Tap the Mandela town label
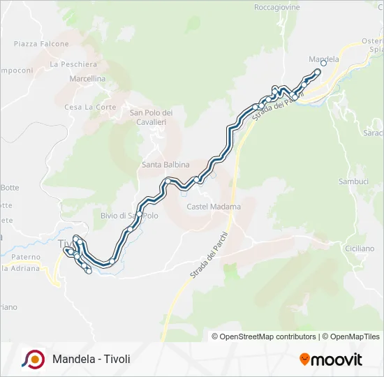coord(323,59)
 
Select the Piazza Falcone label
coord(41,44)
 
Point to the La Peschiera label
coord(68,64)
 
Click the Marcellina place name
coord(87,79)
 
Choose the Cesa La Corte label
coord(90,107)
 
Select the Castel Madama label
coord(214,207)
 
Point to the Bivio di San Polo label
coord(129,216)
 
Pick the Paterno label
coord(25,257)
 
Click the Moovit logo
coord(331,360)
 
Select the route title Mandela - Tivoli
coord(91,360)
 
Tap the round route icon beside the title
coord(32,359)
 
